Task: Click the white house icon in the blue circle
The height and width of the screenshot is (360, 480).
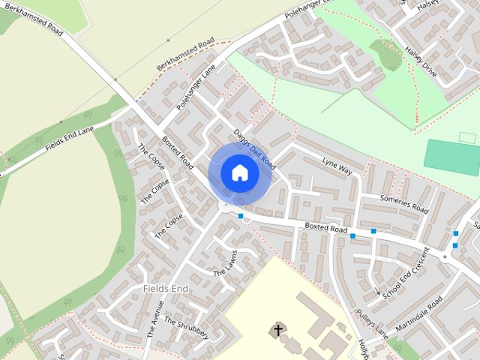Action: [x=239, y=172]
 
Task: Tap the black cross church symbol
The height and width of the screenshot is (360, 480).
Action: [x=277, y=329]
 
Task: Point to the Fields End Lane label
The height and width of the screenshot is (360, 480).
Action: [x=70, y=138]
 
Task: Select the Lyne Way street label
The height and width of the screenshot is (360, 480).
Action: [x=337, y=166]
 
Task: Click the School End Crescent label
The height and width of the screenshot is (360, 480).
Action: [x=405, y=274]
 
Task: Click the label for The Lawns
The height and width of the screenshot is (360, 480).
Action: [x=225, y=262]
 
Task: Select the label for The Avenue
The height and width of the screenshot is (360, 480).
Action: [x=155, y=319]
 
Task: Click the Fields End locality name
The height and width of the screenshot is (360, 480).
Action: [x=165, y=289]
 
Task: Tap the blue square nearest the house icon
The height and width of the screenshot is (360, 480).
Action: [x=241, y=217]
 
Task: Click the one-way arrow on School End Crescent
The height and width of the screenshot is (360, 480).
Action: [x=378, y=290]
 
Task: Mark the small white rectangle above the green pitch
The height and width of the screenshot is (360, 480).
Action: [x=467, y=137]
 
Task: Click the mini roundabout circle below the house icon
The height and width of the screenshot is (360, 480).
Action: [x=224, y=205]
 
